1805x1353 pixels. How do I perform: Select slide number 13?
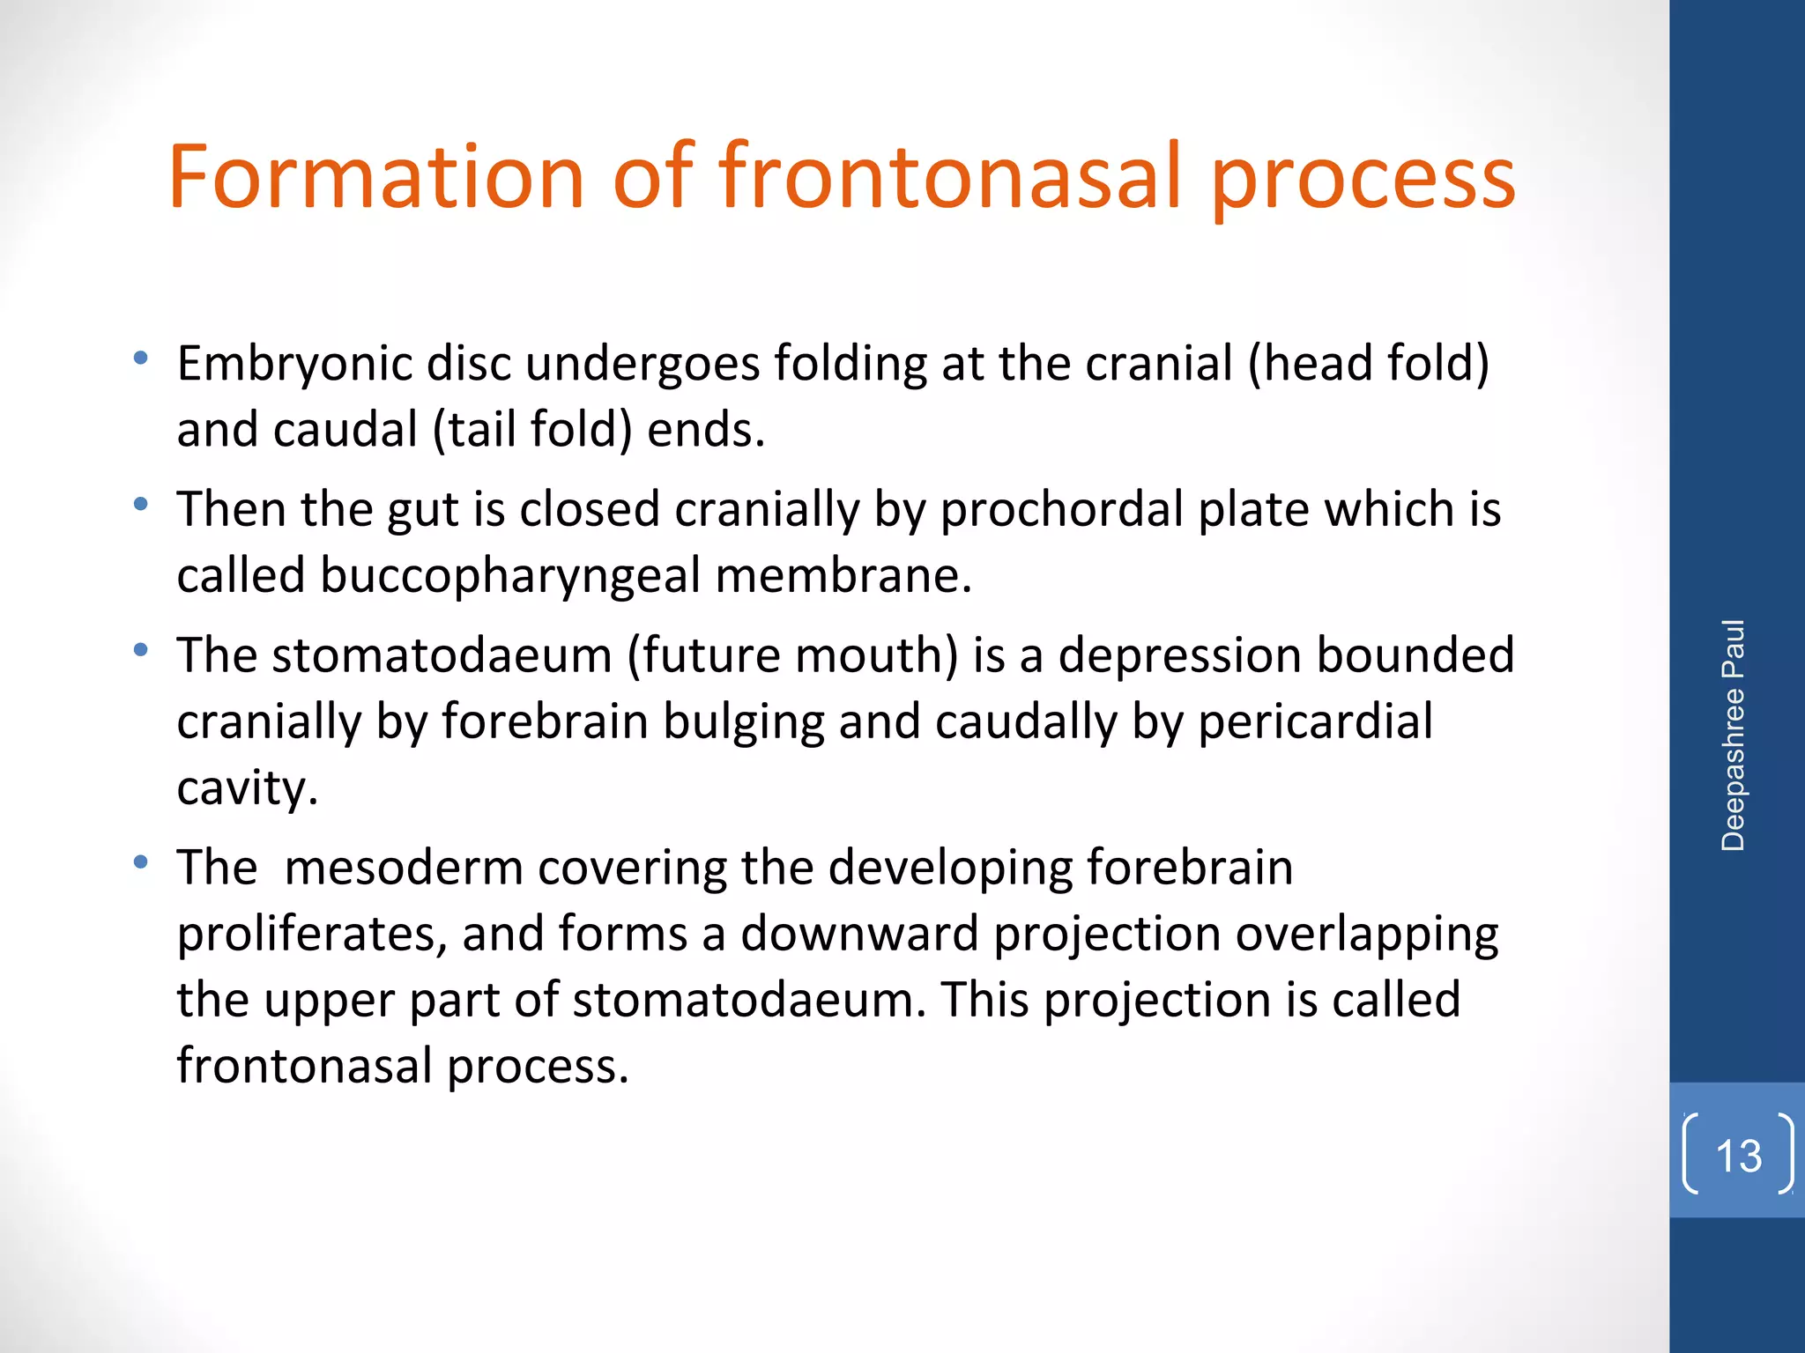1738,1155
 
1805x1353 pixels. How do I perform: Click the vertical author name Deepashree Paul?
1733,735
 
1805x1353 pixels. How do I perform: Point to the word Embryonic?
294,364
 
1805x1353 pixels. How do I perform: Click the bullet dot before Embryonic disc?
140,359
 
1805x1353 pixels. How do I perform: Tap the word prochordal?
1061,509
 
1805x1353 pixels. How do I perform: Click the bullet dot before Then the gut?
140,505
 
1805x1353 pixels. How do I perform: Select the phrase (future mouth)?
791,655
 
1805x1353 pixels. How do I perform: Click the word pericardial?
1315,721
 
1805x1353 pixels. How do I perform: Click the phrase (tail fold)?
532,431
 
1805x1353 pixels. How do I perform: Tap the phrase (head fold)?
1368,364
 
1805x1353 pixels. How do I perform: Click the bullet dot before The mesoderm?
140,862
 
